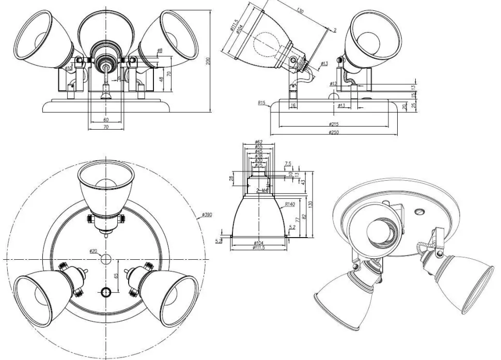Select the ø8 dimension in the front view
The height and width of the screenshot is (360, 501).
(x=159, y=50)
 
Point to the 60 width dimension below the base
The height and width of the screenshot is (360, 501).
(x=106, y=120)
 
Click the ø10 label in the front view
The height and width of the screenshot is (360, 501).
(x=69, y=68)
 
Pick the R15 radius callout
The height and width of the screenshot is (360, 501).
(x=261, y=103)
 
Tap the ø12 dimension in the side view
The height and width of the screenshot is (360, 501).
(x=334, y=83)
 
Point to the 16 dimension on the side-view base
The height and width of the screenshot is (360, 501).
(x=293, y=105)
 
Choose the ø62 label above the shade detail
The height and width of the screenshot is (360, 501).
(x=259, y=142)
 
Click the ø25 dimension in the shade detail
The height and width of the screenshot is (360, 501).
(x=259, y=165)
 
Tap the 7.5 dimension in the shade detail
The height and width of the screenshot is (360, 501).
(x=288, y=164)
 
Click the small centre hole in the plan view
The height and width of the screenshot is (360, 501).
(x=106, y=258)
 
